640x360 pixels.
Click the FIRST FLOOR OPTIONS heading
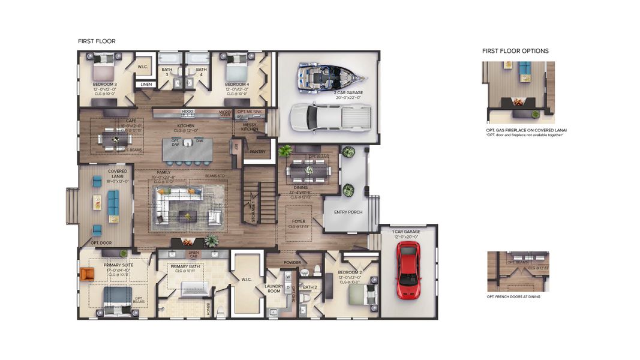click(515, 51)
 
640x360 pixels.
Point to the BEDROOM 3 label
click(104, 85)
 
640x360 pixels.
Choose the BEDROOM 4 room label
click(237, 85)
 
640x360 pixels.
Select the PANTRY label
click(257, 152)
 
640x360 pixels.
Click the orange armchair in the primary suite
click(88, 274)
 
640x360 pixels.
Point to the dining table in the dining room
click(308, 171)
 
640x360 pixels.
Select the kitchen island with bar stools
click(188, 149)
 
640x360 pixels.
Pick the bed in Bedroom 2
click(363, 295)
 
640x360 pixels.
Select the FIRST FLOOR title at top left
click(97, 41)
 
